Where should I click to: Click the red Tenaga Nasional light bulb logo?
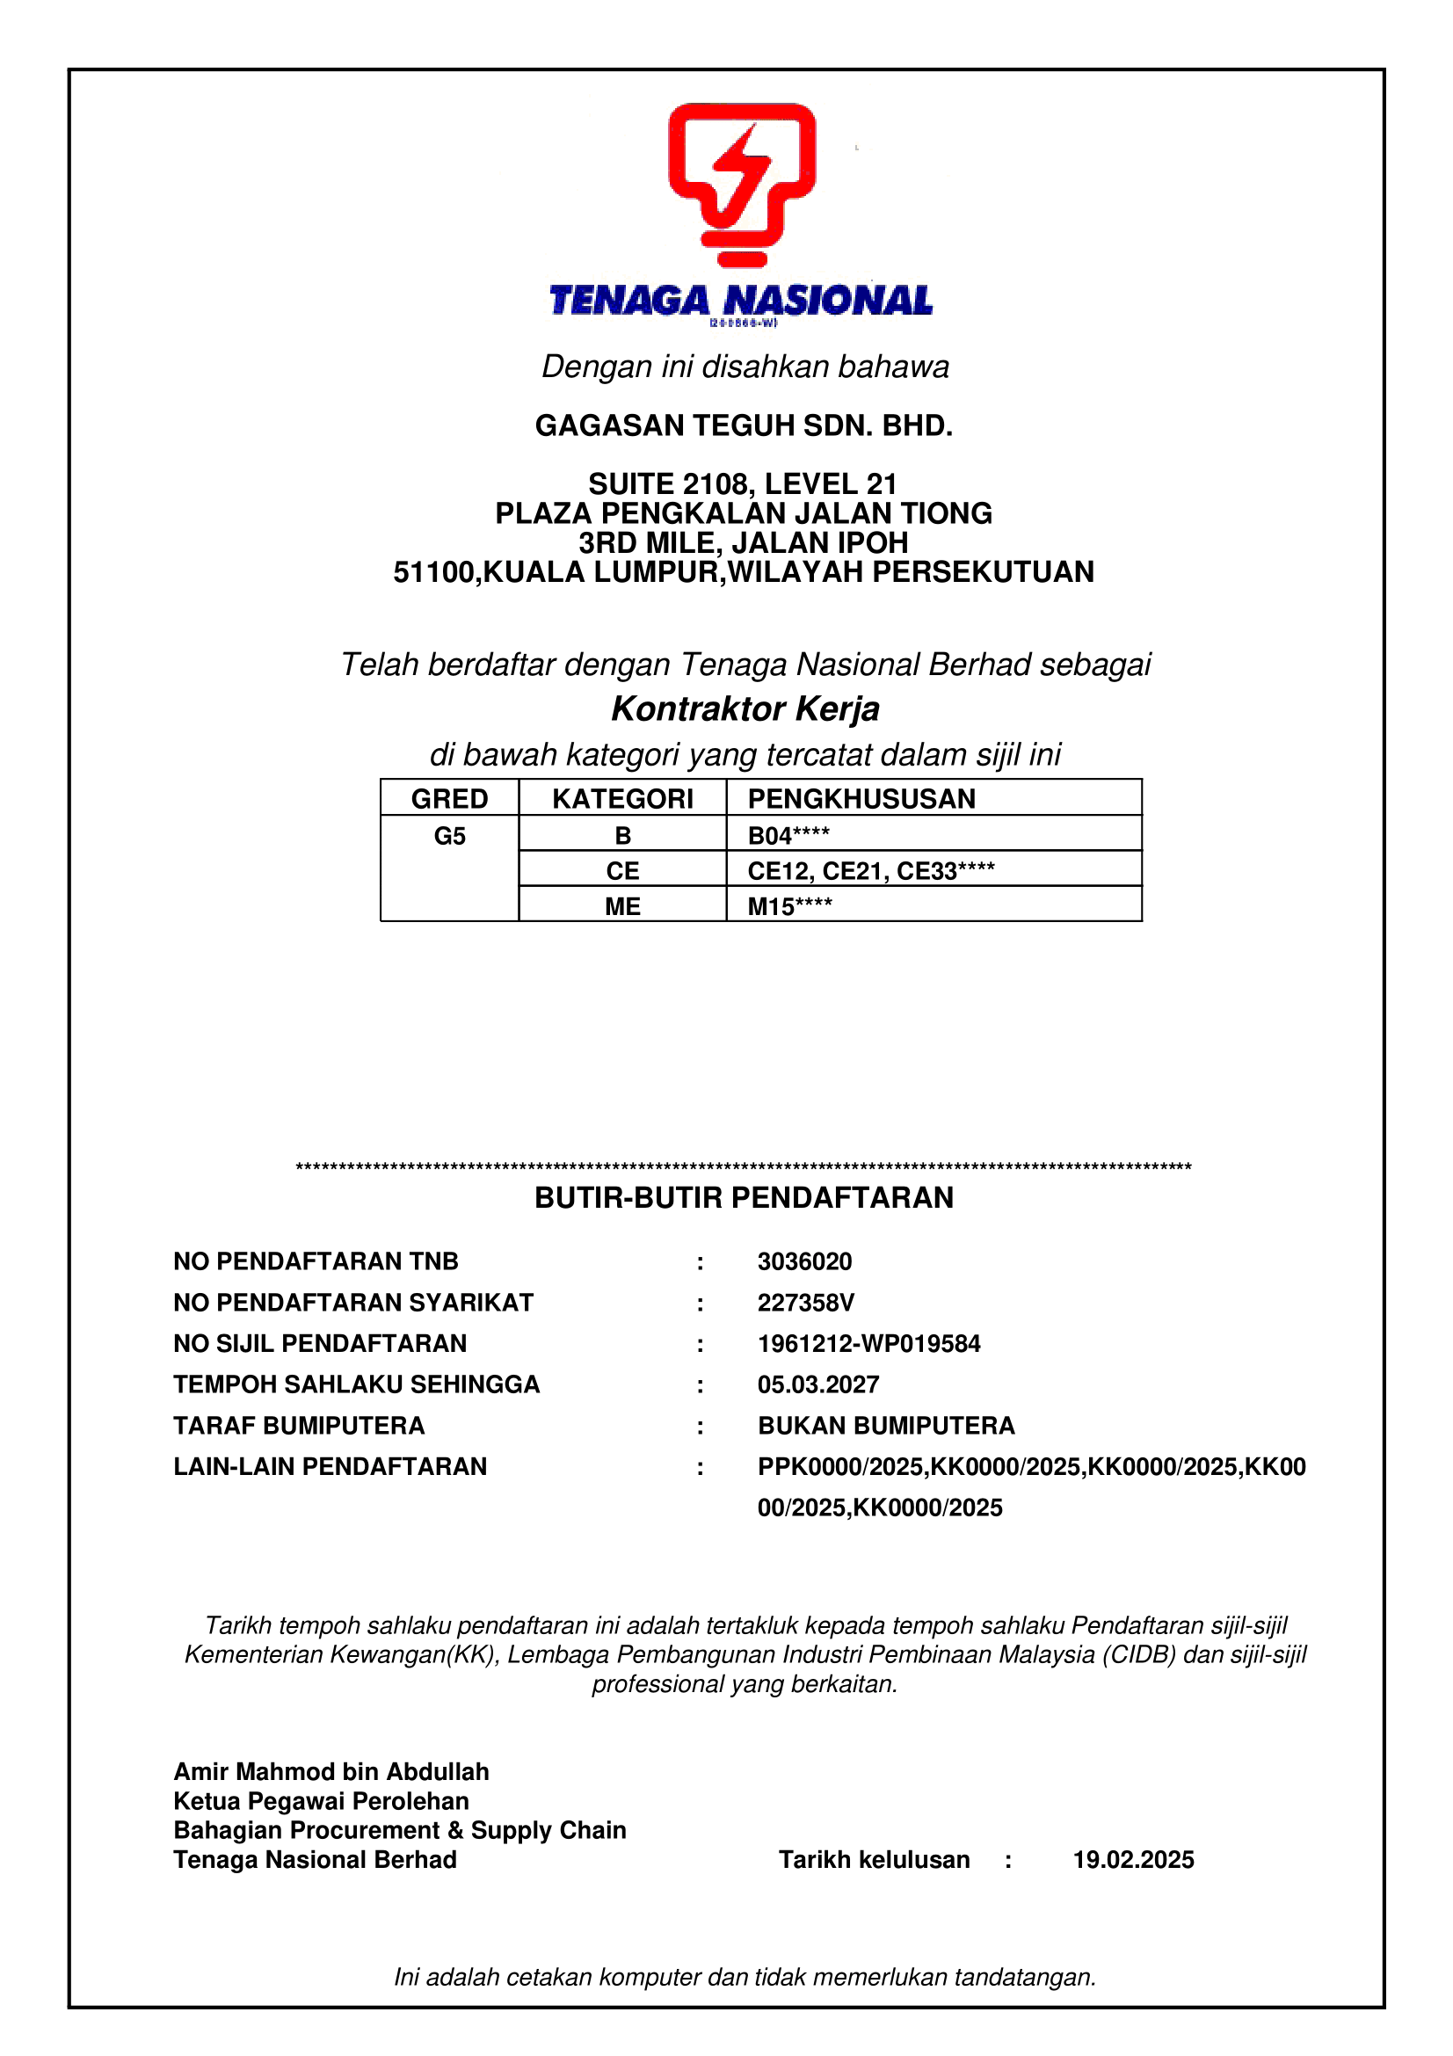coord(741,185)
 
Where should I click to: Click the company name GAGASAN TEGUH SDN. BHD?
coord(743,425)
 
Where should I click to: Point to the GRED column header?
coord(449,798)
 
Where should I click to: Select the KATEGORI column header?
coord(622,798)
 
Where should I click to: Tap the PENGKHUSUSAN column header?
coord(861,798)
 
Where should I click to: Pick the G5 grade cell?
coord(449,835)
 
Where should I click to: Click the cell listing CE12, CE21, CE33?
coord(870,870)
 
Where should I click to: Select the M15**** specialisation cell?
coord(789,906)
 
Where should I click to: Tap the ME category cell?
coord(622,906)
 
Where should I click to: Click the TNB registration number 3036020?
coord(804,1260)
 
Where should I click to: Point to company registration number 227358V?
coord(806,1302)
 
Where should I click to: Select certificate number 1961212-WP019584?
coord(868,1343)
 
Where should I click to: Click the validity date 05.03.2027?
coord(818,1384)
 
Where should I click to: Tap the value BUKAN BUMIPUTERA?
coord(885,1426)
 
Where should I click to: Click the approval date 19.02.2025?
coord(1132,1860)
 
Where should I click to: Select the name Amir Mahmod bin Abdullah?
coord(331,1771)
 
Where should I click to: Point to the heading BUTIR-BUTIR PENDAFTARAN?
coord(743,1197)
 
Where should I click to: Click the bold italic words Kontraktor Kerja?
coord(745,708)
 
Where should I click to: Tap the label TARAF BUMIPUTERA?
coord(299,1426)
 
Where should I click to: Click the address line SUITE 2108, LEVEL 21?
coord(742,483)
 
